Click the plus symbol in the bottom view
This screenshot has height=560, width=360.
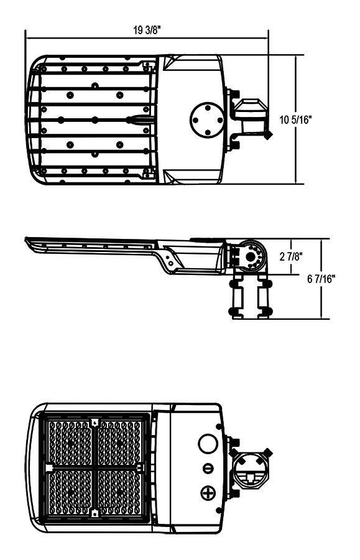pos(207,494)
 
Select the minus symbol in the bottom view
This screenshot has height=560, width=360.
pos(208,469)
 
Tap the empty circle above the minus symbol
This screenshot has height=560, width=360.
pos(206,444)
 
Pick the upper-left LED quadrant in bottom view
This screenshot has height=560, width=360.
pos(70,442)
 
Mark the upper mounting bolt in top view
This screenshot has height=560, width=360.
pos(233,93)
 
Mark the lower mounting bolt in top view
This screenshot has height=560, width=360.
pos(233,146)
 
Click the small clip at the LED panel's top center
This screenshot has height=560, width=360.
pos(95,422)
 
